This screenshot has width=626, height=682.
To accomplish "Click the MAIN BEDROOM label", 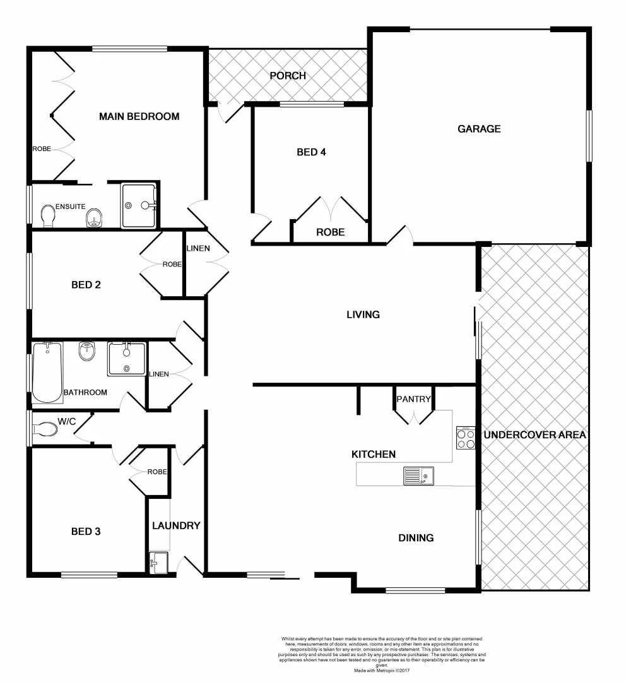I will pos(139,116).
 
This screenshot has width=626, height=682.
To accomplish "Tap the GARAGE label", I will pos(479,129).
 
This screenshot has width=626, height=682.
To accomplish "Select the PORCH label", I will pos(288,76).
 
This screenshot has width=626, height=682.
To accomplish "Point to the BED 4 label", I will pos(311,152).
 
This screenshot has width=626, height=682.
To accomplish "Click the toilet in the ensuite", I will pos(48,215).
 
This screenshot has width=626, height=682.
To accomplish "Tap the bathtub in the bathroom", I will pos(47,372).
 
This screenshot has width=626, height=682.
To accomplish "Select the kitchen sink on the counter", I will pos(418,476).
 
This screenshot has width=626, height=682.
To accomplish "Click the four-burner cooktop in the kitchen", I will pos(466,438).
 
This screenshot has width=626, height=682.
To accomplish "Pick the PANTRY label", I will pos(413,399).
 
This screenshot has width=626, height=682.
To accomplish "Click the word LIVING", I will pos(363,314).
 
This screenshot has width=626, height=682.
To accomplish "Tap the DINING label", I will pos(416,538).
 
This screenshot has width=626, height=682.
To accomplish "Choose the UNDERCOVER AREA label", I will pos(535,435).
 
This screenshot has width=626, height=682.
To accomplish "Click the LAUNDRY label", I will pos(176,525).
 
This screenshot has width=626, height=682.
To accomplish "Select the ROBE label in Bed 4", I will pos(330,232).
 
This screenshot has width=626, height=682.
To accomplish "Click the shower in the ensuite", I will pos(138,205).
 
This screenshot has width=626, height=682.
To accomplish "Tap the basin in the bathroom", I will pos(87,350).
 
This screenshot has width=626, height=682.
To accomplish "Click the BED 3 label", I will pos(85,532).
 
